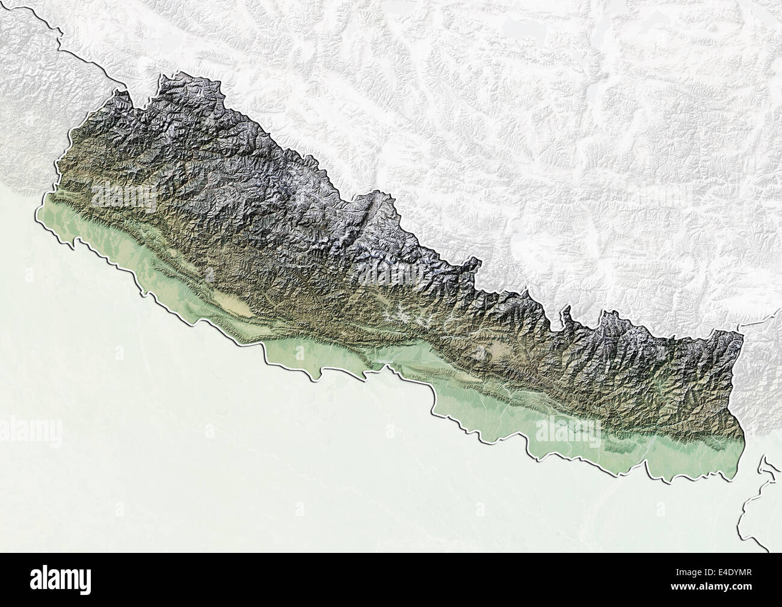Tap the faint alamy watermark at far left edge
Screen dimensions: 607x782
pos(30,430)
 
